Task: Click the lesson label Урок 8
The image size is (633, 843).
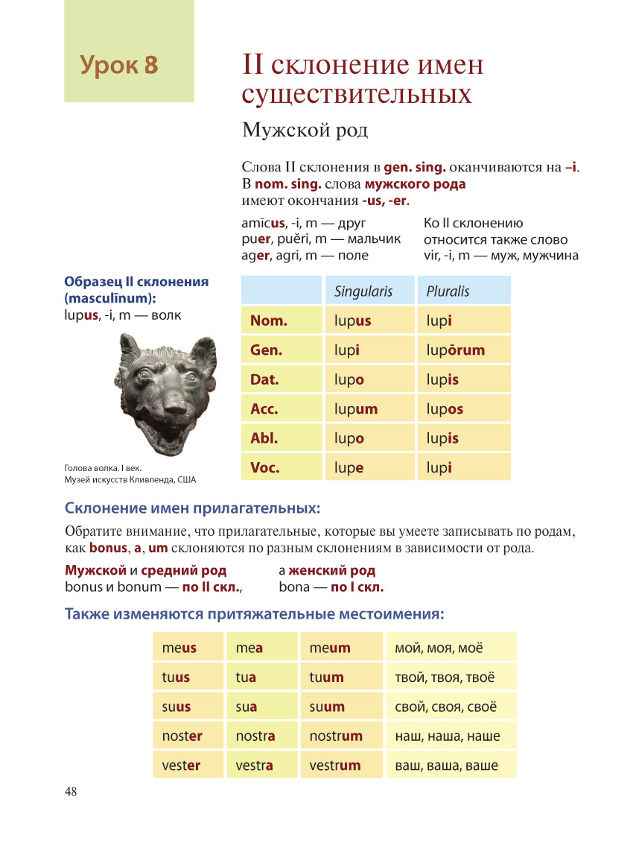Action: pyautogui.click(x=119, y=66)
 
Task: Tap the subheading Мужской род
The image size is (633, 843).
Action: pyautogui.click(x=305, y=130)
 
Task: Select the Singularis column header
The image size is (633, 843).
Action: pyautogui.click(x=363, y=291)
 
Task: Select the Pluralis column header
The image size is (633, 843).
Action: pyautogui.click(x=448, y=291)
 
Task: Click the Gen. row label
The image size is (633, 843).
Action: pyautogui.click(x=266, y=350)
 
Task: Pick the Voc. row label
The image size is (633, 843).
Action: pyautogui.click(x=265, y=468)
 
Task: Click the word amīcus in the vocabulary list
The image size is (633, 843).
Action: pyautogui.click(x=263, y=224)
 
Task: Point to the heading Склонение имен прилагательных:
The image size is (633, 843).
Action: pyautogui.click(x=192, y=509)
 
